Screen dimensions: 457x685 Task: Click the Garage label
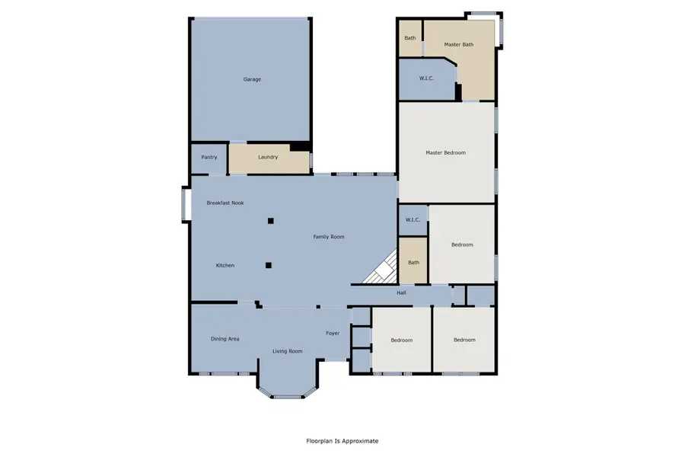tap(252, 79)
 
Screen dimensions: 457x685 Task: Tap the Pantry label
tap(209, 158)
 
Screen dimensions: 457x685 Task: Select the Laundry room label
tap(268, 158)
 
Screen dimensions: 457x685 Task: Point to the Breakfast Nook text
tap(225, 203)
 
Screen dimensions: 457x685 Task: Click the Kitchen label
tap(225, 265)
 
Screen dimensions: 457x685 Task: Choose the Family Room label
tap(329, 237)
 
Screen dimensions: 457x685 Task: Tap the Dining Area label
tap(225, 338)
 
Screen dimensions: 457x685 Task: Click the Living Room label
tap(288, 351)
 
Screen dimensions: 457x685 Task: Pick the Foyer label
tap(333, 333)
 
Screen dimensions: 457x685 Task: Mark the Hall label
tap(401, 292)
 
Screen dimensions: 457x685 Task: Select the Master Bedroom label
tap(445, 153)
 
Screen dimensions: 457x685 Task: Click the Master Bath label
tap(459, 44)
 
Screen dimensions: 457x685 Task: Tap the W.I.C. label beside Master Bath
tap(426, 78)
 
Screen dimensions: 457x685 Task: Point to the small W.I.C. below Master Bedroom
tap(413, 220)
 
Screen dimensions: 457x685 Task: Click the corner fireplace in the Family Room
tap(384, 268)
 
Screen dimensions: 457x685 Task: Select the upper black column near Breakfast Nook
tap(270, 221)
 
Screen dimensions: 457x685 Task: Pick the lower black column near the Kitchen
tap(268, 265)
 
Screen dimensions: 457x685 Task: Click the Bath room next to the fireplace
tap(413, 263)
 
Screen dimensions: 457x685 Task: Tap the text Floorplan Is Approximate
tap(342, 441)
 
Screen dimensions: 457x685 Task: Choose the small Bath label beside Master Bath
tap(410, 38)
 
